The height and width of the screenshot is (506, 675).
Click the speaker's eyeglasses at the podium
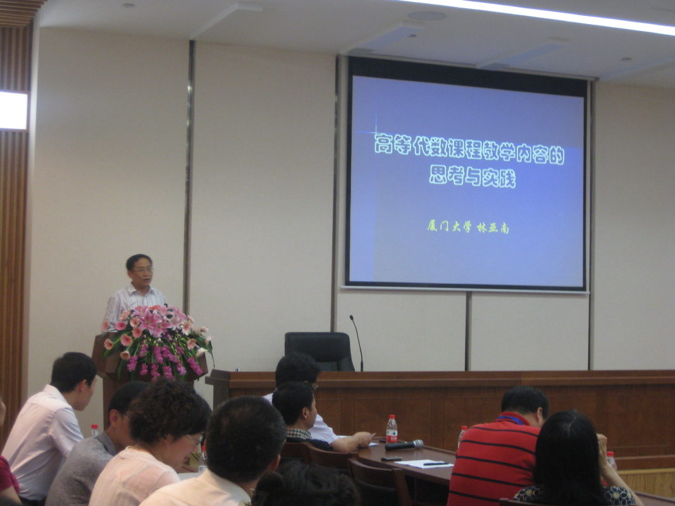(x=142, y=270)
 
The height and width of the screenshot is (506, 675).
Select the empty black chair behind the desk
(x=319, y=350)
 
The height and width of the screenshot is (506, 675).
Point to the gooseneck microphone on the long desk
(x=357, y=342)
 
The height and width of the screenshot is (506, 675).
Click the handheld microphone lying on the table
(x=404, y=445)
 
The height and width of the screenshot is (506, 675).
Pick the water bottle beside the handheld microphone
(x=392, y=429)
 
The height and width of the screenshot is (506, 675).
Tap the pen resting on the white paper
(x=436, y=464)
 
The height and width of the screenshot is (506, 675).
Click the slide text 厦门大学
(x=449, y=226)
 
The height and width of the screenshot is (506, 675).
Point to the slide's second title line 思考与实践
(x=473, y=176)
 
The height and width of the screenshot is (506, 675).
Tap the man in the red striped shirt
(x=498, y=447)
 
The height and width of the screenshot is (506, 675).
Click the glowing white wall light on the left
(x=13, y=111)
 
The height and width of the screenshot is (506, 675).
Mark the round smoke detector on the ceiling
(x=426, y=16)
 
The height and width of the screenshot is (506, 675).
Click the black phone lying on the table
(x=391, y=459)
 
